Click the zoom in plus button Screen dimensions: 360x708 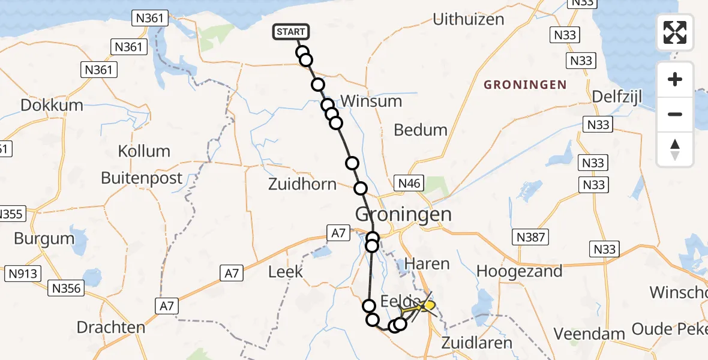point(675,79)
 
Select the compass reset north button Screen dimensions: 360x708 point(675,149)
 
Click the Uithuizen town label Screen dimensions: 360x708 point(469,19)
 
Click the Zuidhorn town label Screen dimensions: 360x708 point(302,184)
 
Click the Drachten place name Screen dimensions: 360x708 point(111,328)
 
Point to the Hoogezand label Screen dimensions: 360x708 point(520,271)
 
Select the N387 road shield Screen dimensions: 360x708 point(531,238)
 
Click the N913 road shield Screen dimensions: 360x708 point(23,274)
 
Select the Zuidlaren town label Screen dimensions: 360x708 point(476,343)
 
